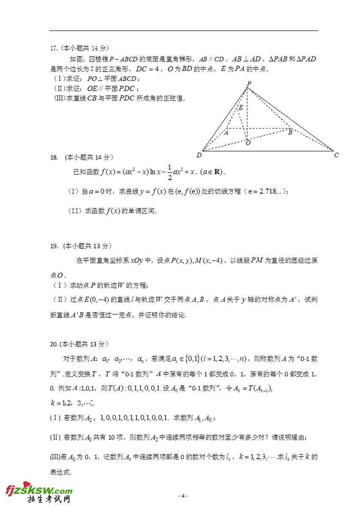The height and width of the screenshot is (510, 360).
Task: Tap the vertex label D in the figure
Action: [199, 155]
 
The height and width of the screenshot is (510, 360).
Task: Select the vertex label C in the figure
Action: [336, 155]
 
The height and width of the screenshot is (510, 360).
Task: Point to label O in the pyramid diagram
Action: [248, 143]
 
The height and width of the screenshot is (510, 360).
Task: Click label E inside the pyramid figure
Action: [241, 108]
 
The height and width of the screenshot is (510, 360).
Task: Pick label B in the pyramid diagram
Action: [290, 132]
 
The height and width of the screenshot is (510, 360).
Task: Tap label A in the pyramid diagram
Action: [226, 132]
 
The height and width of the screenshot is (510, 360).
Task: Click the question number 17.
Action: [54, 47]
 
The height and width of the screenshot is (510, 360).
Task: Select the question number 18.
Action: [54, 157]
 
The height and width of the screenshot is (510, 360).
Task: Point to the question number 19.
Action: [54, 245]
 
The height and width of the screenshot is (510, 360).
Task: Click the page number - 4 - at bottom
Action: [183, 496]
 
